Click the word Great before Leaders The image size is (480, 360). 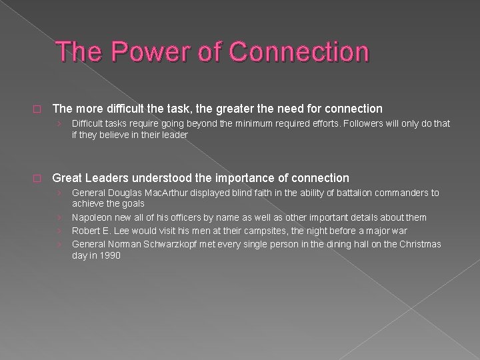[x=67, y=178]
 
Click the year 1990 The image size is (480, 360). [x=109, y=255]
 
